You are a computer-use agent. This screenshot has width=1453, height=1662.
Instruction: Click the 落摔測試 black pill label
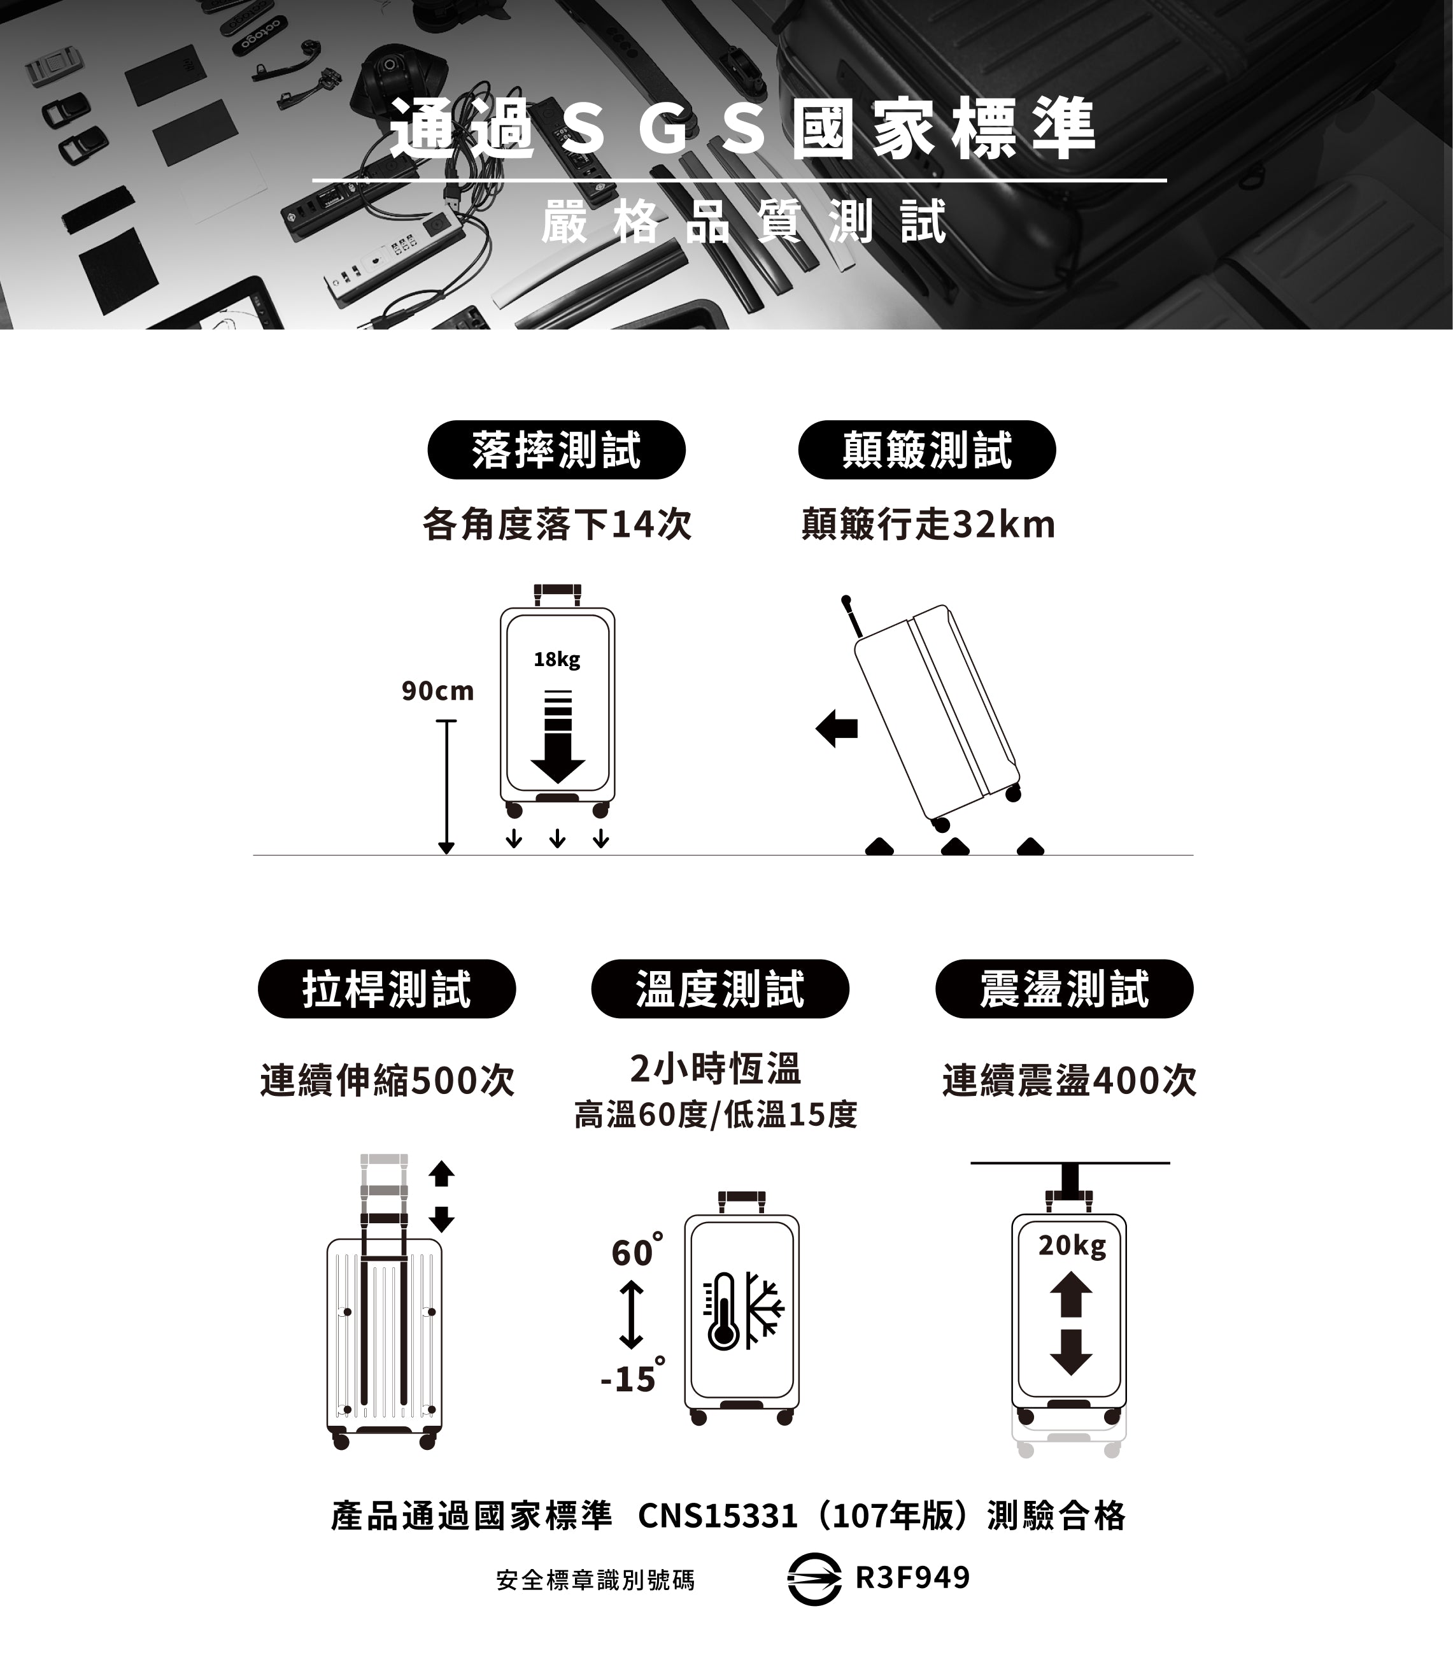[556, 450]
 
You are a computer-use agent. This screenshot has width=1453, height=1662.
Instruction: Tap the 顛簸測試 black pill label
[927, 450]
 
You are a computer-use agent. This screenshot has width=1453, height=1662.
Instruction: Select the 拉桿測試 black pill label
[386, 989]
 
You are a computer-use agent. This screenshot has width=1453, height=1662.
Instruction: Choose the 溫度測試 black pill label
[720, 989]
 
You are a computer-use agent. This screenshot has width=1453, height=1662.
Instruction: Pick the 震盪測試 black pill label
[1065, 989]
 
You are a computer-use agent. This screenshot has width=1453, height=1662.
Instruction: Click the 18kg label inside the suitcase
[557, 660]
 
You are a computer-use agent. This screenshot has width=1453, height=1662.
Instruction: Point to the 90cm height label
[438, 691]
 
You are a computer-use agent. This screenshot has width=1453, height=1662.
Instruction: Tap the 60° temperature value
[637, 1251]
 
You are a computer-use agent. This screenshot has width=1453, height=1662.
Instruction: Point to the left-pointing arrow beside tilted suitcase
[837, 728]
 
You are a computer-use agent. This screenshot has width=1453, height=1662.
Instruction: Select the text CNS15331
[718, 1516]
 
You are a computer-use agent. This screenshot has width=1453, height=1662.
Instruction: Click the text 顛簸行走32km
[928, 525]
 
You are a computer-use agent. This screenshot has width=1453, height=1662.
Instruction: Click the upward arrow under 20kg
[1071, 1294]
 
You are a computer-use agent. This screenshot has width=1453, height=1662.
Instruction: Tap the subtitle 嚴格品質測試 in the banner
[744, 222]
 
